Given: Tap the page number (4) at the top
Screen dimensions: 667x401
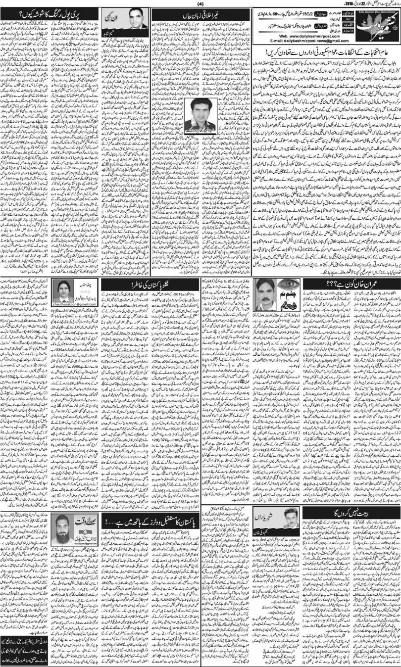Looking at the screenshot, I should (x=200, y=4).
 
